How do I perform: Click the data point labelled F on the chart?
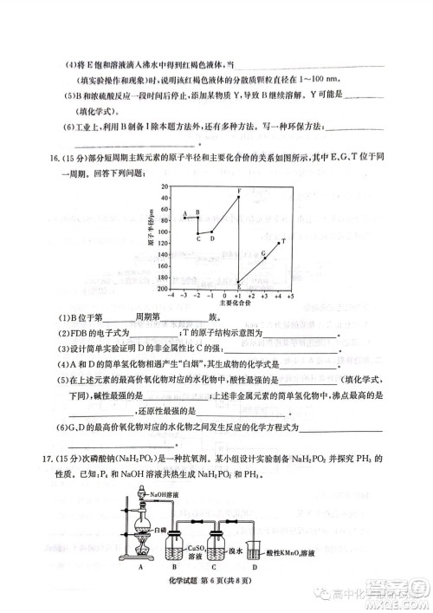(x=238, y=197)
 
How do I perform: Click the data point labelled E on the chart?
(x=238, y=282)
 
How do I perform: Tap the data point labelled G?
(x=264, y=259)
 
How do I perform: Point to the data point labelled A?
(x=184, y=218)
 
